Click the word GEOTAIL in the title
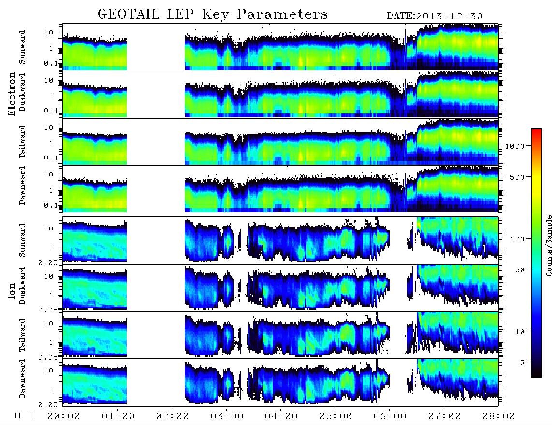tap(129, 14)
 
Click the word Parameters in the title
tap(282, 14)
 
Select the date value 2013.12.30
tap(449, 16)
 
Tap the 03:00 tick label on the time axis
tap(227, 416)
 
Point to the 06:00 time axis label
tap(390, 416)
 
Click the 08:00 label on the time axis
tap(498, 416)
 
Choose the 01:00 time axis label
tap(118, 416)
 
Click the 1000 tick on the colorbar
tap(515, 146)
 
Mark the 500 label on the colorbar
tap(518, 177)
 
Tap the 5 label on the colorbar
tap(523, 362)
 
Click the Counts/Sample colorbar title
tap(548, 245)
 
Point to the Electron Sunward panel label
tap(22, 47)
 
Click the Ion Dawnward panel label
tap(22, 378)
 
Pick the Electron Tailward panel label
tap(22, 142)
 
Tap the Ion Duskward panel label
tap(22, 285)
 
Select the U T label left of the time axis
tap(24, 416)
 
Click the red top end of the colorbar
tap(536, 130)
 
